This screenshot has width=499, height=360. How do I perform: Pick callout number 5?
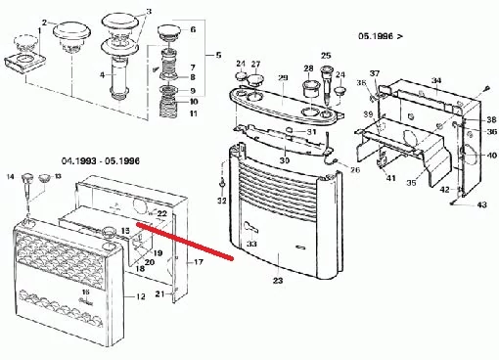point(218,54)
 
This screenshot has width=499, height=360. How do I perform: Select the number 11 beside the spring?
point(193,114)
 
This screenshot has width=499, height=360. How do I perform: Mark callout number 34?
point(437,80)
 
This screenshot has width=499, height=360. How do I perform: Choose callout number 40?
point(491,157)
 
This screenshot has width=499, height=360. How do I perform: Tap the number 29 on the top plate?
point(283,78)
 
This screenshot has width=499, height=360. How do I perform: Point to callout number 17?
point(198,262)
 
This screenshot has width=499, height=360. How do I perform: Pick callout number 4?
point(103,74)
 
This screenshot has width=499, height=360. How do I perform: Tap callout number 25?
point(326,56)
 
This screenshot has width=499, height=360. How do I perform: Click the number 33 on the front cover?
point(252,244)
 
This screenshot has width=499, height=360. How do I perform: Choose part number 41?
point(389,178)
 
